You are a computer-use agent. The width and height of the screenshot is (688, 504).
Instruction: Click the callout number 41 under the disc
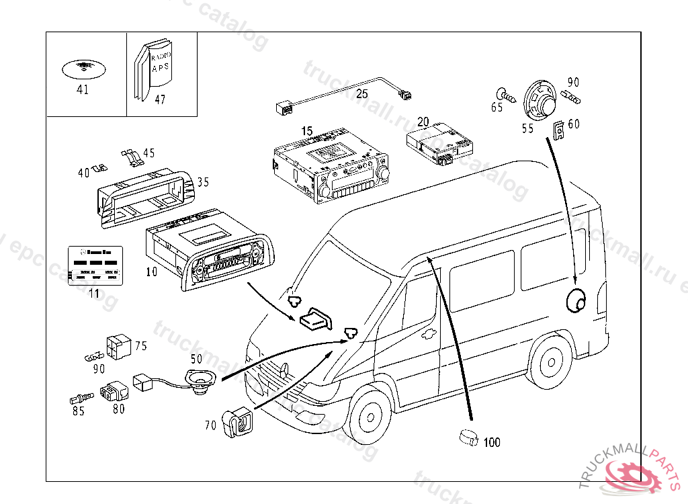coord(83,89)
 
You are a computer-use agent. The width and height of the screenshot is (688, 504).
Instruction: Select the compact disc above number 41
coord(83,68)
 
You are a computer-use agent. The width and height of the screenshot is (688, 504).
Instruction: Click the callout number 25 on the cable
coord(362,93)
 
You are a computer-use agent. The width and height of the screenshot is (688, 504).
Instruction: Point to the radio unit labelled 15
coord(331,167)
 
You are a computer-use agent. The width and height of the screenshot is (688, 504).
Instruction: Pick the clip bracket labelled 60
coord(559,130)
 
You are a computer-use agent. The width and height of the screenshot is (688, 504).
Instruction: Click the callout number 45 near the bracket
coord(148,153)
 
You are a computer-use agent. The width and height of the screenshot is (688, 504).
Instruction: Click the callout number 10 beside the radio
coord(151,271)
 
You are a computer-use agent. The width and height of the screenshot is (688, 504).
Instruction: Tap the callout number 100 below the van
coord(492,442)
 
